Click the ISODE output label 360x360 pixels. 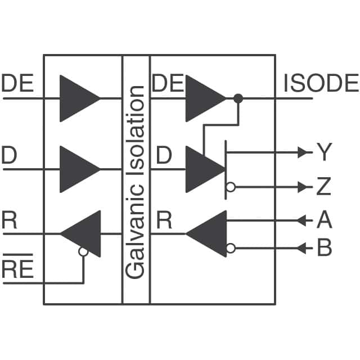pos(321,84)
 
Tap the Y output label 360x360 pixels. pos(323,152)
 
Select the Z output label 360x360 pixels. pos(323,187)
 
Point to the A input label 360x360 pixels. pos(324,220)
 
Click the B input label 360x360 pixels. pos(324,248)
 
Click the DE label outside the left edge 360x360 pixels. pos(18,84)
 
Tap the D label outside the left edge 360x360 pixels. pos(10,156)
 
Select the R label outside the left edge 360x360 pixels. pos(10,220)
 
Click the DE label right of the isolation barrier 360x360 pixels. pos(168,84)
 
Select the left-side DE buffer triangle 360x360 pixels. pos(78,98)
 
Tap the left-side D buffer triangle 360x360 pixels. pos(78,169)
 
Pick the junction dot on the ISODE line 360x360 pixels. pos(238,98)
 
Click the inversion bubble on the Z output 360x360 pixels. pos(230,187)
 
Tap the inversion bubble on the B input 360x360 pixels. pos(230,248)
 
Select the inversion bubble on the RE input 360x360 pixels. pos(83,252)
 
